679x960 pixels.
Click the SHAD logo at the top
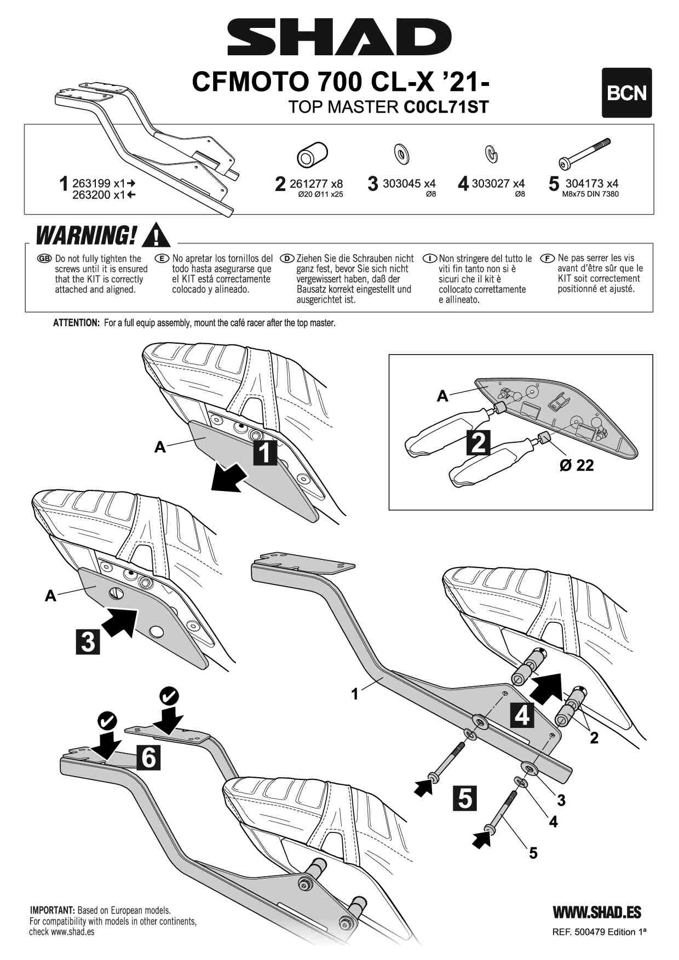339,37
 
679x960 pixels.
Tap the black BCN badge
626,93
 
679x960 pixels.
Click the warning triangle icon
156,235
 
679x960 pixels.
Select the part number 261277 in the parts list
309,184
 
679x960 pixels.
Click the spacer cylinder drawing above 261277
312,155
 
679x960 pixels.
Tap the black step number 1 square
265,453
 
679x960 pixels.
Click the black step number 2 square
478,442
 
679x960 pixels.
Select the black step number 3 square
88,641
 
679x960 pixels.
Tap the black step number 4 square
522,715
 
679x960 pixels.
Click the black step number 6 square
149,758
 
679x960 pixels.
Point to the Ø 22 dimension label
577,465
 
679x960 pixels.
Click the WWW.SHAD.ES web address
597,912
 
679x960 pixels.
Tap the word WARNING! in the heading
86,236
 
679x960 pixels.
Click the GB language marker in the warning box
44,258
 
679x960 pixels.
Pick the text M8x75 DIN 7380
590,194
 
